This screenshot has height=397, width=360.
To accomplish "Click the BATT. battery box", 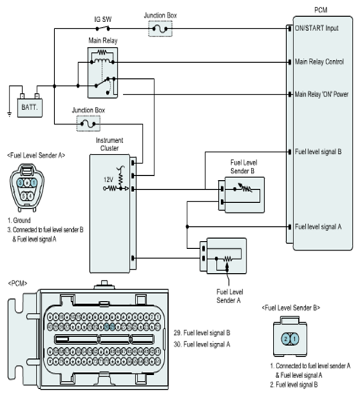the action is point(29,108).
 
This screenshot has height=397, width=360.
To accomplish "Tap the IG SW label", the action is point(103,19).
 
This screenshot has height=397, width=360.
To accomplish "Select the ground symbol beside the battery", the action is point(10,114).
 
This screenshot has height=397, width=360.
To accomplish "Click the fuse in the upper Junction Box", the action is point(160,29).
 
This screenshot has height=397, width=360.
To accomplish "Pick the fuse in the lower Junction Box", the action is point(88,124).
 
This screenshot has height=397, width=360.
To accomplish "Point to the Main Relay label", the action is point(103,40).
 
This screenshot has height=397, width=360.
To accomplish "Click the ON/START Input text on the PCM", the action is point(317,28).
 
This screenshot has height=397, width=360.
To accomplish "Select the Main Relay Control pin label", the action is point(319,62).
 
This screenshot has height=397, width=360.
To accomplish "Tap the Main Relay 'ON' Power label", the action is point(321,94).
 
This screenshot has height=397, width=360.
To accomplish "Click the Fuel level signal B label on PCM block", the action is point(318,152).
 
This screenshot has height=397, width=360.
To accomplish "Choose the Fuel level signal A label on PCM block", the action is point(318,226).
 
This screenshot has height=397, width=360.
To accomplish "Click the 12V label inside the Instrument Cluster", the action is point(108,179).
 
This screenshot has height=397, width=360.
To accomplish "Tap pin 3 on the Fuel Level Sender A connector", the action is point(20,182).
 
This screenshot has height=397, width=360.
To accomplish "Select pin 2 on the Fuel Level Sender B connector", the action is point(285,338).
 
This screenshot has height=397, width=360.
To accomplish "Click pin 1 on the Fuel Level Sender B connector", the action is point(294,338).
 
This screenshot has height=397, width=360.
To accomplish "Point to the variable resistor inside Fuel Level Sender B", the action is point(244,188).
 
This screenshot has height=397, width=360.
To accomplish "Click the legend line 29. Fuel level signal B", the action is point(202,333).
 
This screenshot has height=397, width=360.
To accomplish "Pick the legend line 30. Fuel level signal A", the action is point(202,344).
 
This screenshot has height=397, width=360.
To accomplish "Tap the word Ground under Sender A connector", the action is point(22,220).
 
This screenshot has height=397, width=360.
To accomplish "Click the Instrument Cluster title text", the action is point(109,144).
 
